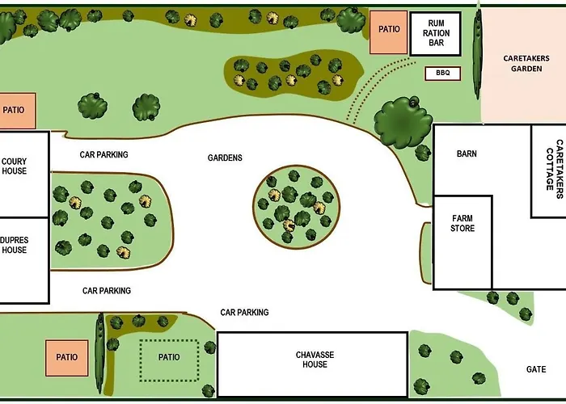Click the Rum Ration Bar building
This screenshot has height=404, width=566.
click(436, 34)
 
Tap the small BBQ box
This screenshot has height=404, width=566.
click(443, 74)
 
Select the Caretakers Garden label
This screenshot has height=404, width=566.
click(526, 64)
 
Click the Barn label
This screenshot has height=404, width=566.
click(467, 154)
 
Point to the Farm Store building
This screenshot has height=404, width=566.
click(463, 242)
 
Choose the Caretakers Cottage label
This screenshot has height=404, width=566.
click(555, 169)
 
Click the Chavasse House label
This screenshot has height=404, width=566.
click(315, 360)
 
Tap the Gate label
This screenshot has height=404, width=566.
click(536, 369)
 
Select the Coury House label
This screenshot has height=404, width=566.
click(15, 166)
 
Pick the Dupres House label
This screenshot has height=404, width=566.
click(15, 245)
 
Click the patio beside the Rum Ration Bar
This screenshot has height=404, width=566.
click(388, 32)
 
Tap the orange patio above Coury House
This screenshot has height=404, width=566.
click(17, 111)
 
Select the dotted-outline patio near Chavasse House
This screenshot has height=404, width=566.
click(169, 360)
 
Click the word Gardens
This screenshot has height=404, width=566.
click(225, 158)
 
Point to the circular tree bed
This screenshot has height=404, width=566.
click(297, 207)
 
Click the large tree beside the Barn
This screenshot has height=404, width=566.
click(403, 123)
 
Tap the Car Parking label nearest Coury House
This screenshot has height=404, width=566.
click(104, 154)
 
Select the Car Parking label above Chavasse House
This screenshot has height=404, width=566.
click(244, 312)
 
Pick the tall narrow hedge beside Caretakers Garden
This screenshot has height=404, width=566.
click(478, 54)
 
